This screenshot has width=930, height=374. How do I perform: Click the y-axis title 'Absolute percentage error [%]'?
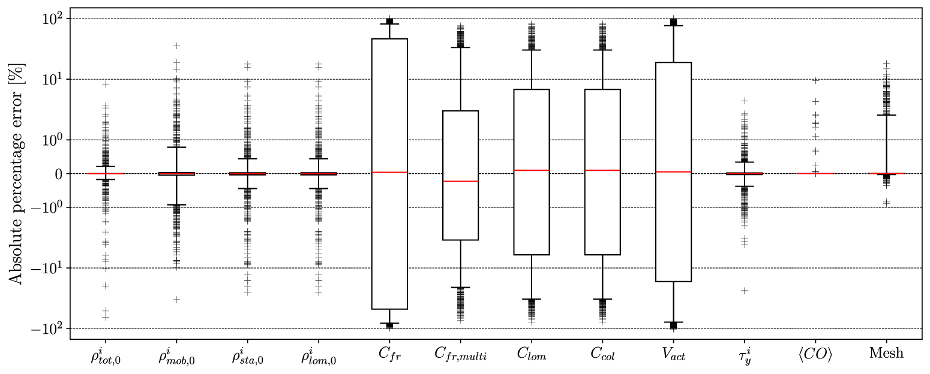pos(15,173)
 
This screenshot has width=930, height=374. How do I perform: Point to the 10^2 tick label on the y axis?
pos(54,19)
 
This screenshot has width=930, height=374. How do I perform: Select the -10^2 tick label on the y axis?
pos(49,328)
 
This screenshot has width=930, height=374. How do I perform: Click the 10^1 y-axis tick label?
pos(54,79)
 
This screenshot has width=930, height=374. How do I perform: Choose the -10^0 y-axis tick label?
pos(49,207)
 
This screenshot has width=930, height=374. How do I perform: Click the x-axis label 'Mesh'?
pos(886,354)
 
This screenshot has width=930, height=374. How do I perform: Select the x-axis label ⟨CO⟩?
pos(815,354)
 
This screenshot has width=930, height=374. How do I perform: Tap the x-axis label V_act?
pos(673,355)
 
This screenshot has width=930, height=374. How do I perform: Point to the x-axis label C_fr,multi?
pos(460,355)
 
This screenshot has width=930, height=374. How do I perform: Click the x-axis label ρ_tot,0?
pos(105,355)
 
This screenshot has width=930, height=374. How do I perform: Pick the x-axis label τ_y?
pos(744,355)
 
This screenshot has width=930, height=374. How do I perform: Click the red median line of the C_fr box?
pos(389,172)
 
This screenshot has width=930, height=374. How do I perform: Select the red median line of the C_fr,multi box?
pos(460,181)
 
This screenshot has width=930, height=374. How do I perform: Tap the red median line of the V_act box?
pos(673,172)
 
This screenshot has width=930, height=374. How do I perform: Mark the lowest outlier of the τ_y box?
pos(745,291)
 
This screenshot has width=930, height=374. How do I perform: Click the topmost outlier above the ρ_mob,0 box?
pos(176,46)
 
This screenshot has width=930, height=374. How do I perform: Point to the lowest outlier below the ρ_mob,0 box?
pos(176,299)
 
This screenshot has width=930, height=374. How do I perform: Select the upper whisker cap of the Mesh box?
pos(886,115)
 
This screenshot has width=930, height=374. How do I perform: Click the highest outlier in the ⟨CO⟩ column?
pos(815,80)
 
